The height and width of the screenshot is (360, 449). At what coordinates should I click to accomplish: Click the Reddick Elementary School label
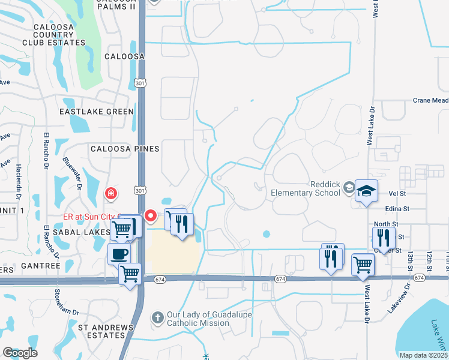pos(306,188)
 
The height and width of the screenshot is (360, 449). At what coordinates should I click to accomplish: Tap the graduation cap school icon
pos(366,191)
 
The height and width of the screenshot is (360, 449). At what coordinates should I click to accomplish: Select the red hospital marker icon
pos(111,193)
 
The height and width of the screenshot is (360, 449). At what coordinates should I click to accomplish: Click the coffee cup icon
pos(119,253)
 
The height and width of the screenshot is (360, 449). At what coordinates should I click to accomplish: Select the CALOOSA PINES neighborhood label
pos(125,149)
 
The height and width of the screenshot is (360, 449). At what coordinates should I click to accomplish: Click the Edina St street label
pos(397,208)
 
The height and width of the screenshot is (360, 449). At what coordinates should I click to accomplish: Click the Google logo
pos(20,353)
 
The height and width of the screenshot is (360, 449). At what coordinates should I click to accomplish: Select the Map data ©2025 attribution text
pos(424,355)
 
